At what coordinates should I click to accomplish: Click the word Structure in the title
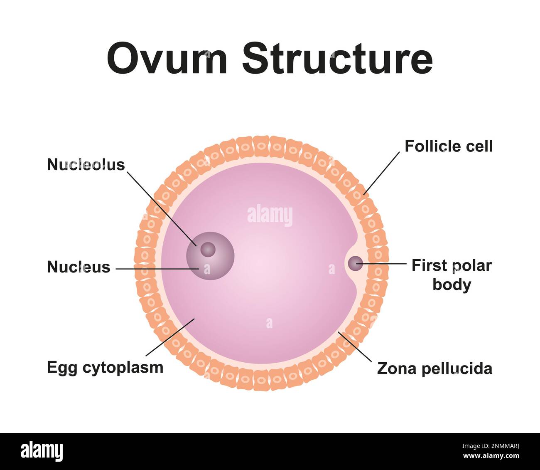pos(337,58)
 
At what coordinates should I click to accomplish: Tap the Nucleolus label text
pos(86,165)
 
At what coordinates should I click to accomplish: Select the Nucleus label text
pos(79,267)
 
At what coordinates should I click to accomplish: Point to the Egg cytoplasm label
pos(105,368)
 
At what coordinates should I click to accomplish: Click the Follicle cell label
pos(449,146)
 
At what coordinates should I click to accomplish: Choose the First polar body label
pos(452,275)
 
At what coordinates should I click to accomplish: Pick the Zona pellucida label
pos(434,369)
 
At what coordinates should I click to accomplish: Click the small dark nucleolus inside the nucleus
pos(208,250)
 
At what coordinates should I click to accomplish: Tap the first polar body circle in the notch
pos(355,263)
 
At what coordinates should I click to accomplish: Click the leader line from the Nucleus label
pos(158,269)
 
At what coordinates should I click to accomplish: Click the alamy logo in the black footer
pos(42,451)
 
